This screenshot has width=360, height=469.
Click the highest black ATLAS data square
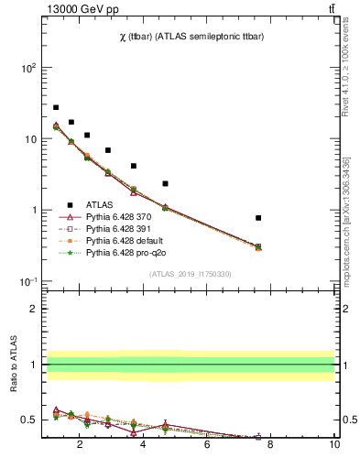click(56, 107)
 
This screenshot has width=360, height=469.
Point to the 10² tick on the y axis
click(28, 68)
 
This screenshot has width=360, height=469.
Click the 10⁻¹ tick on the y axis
click(28, 281)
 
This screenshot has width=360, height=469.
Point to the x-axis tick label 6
click(207, 445)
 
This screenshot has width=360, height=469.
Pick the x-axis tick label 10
click(333, 445)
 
